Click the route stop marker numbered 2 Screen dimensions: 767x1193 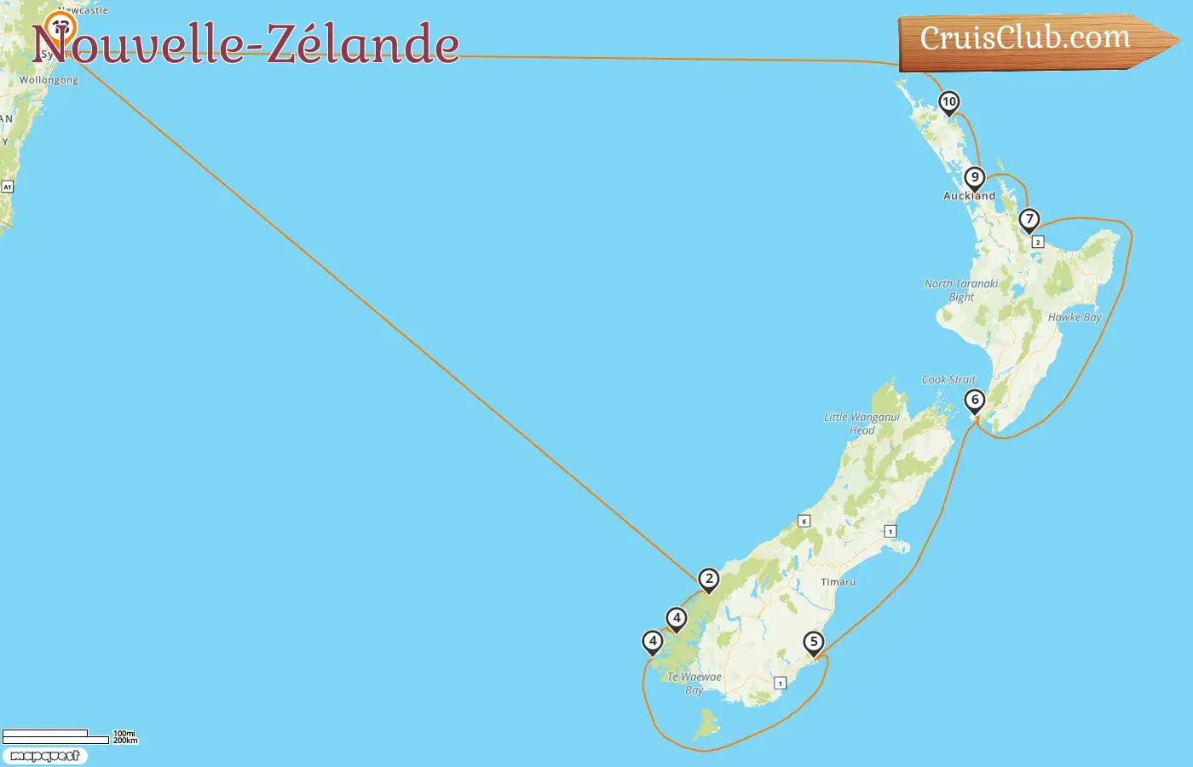click(x=708, y=580)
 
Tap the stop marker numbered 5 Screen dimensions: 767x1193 click(x=814, y=643)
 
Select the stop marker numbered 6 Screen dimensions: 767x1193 click(x=975, y=401)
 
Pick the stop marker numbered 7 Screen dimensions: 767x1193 click(x=1029, y=220)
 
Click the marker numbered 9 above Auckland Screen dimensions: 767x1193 click(x=974, y=178)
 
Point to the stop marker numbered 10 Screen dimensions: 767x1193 click(x=948, y=102)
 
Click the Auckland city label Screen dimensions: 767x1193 click(x=969, y=196)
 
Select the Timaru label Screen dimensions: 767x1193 click(x=838, y=582)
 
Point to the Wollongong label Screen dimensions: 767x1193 click(x=49, y=80)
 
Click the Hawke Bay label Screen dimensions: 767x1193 click(x=1075, y=317)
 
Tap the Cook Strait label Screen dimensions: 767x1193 click(x=948, y=380)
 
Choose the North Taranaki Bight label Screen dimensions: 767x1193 click(x=961, y=290)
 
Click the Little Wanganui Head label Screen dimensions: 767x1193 click(x=862, y=424)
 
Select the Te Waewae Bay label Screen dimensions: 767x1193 click(x=694, y=683)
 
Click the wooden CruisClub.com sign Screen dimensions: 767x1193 click(x=1027, y=40)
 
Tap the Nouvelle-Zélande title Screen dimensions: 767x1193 click(x=245, y=44)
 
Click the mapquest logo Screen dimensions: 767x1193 click(x=44, y=756)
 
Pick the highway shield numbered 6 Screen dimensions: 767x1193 click(x=804, y=521)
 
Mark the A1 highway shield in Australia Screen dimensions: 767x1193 click(x=7, y=187)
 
